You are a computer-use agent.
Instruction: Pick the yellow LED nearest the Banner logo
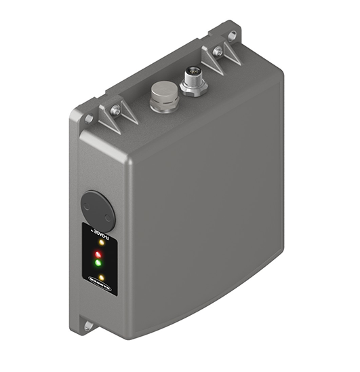coord(101,278)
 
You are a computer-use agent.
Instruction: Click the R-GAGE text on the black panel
coord(108,234)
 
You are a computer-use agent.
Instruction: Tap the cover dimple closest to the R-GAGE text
coord(106,217)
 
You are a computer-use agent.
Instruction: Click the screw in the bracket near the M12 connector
coord(217,52)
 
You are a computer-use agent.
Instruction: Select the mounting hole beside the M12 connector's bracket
coord(233,35)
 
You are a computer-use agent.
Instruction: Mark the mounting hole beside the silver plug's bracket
coord(88,119)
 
